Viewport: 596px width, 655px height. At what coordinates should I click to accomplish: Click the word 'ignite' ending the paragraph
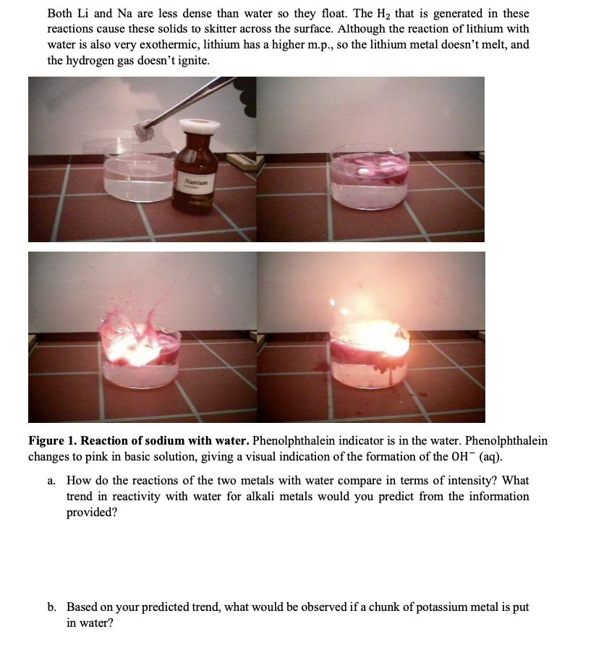click(x=194, y=61)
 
